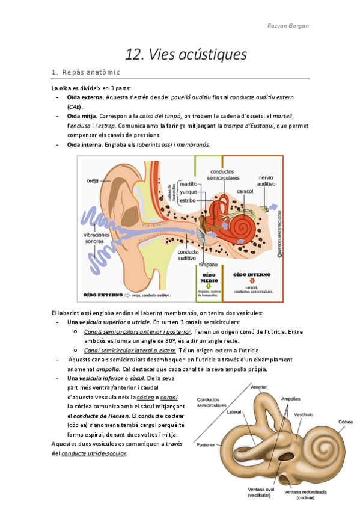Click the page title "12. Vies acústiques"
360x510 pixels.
pyautogui.click(x=186, y=55)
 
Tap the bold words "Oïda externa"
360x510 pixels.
pyautogui.click(x=85, y=97)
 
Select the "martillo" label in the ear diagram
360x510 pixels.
pyautogui.click(x=191, y=184)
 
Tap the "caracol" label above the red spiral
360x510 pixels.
pyautogui.click(x=244, y=191)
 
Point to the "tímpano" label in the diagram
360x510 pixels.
pyautogui.click(x=208, y=265)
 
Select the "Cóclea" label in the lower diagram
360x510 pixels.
pyautogui.click(x=345, y=422)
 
